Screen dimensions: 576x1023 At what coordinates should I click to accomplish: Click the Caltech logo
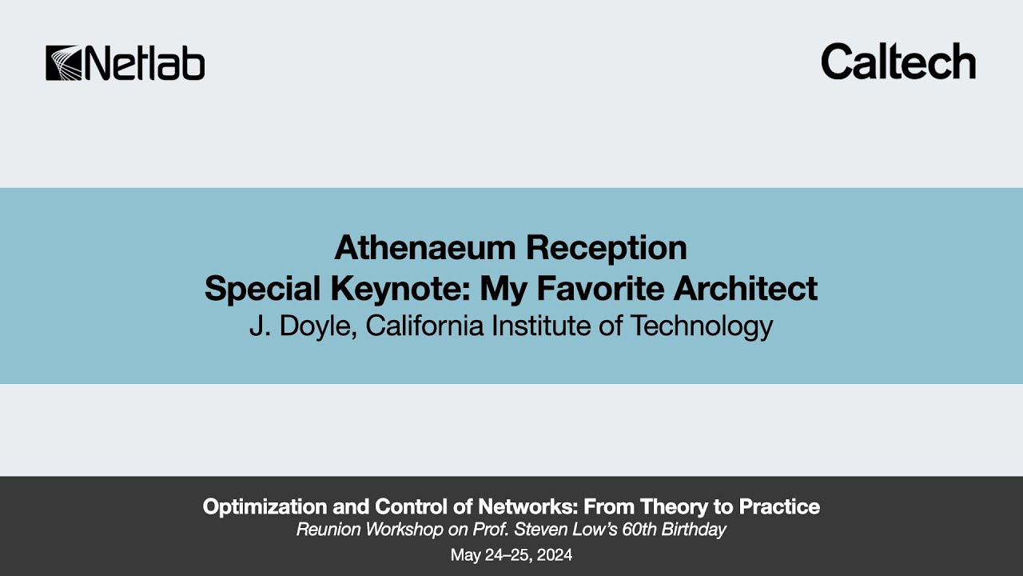898,61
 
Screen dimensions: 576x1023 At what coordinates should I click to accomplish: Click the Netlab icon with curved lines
63,63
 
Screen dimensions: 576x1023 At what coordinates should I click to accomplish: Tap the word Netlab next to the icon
144,63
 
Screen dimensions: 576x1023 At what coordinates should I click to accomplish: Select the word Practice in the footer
777,506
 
